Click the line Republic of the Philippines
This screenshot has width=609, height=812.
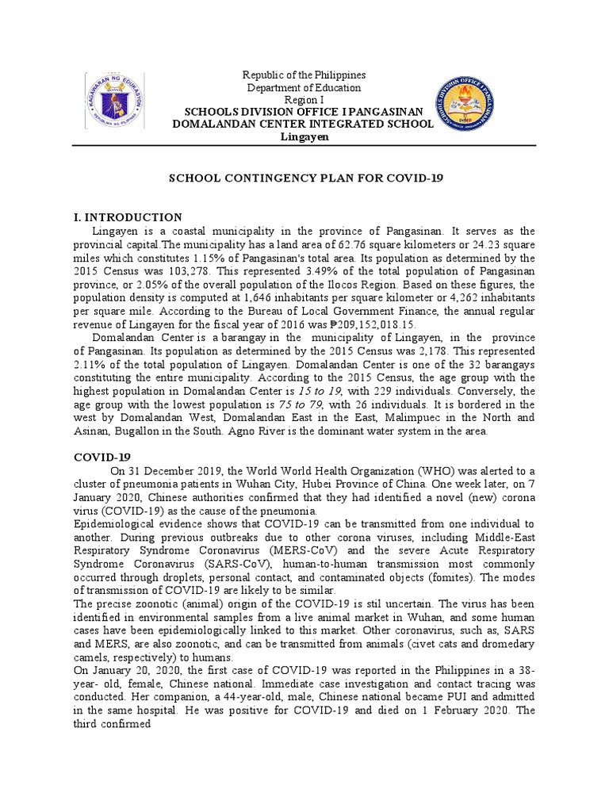(304, 75)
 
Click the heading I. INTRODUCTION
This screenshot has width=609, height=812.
(127, 217)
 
